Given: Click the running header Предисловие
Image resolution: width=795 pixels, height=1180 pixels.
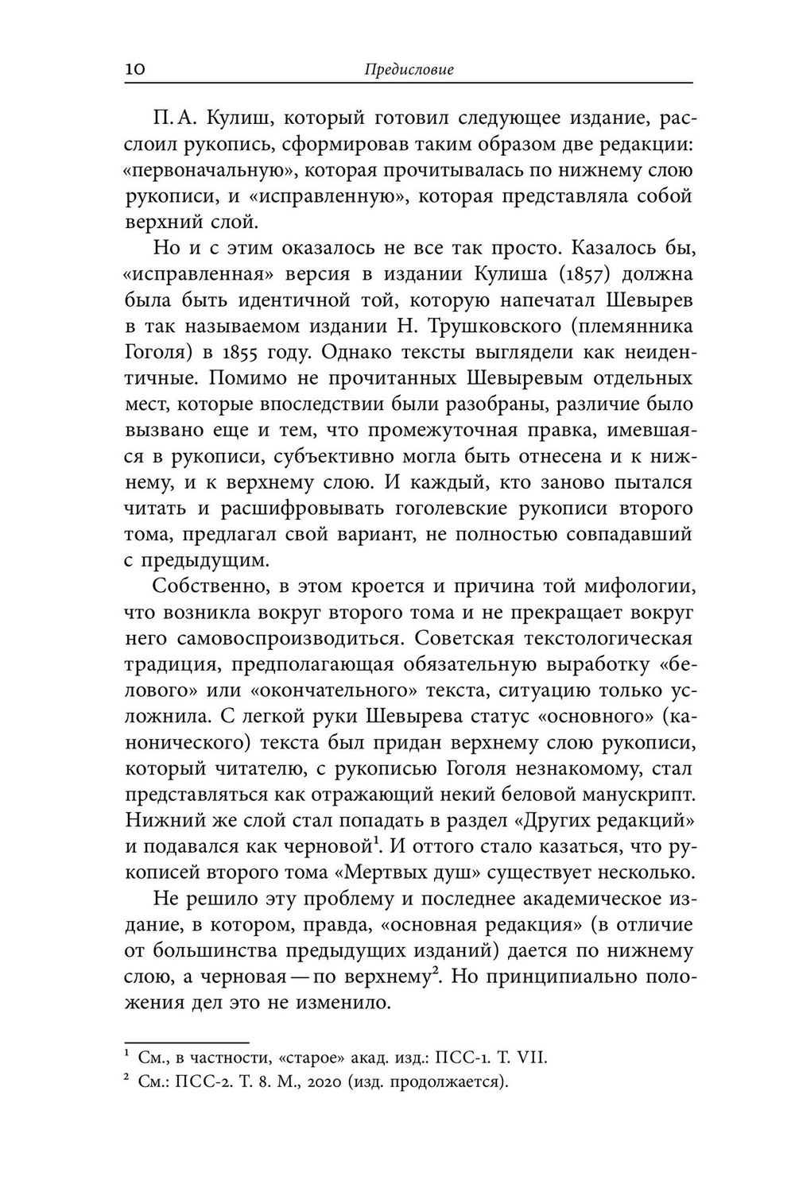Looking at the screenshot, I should point(409,69).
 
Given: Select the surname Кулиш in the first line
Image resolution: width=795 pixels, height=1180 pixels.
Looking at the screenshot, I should point(239,118).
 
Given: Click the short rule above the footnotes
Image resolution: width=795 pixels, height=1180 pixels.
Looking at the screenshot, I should point(187,1041).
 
